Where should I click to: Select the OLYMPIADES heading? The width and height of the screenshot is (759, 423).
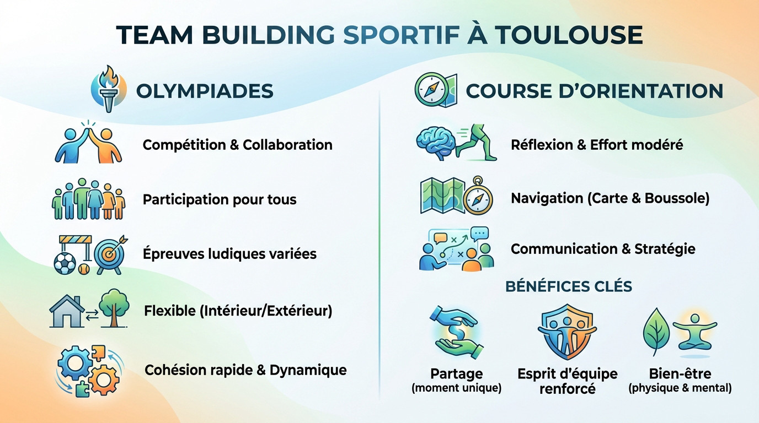(x=205, y=91)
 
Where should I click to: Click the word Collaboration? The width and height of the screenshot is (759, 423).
(x=287, y=145)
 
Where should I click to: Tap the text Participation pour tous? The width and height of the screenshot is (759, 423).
(x=220, y=199)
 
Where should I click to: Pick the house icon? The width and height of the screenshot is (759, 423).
(x=66, y=311)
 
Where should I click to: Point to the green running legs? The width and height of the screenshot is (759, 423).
(x=479, y=143)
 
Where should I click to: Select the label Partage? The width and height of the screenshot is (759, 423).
(x=456, y=374)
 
